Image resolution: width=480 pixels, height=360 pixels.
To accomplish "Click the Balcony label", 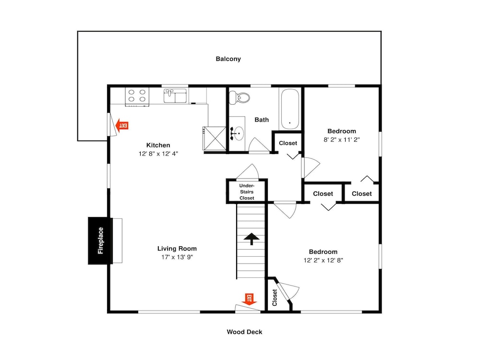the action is [x=228, y=59].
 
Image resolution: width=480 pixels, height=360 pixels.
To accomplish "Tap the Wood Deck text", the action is [x=244, y=332].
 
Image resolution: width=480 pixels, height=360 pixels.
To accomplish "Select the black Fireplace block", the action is [x=100, y=240].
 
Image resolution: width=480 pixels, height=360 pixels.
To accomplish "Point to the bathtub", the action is [x=289, y=109].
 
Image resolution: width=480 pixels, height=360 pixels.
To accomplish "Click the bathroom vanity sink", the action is [x=237, y=133].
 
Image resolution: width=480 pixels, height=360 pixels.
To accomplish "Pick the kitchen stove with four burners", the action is [x=137, y=96].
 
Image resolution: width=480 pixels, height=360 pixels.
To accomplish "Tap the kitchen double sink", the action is [x=175, y=96].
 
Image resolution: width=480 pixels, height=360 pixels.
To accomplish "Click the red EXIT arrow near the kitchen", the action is [x=121, y=125].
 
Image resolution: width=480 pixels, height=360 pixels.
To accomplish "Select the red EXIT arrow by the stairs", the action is [x=249, y=299].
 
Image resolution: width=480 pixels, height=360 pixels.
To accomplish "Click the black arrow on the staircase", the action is [x=252, y=239].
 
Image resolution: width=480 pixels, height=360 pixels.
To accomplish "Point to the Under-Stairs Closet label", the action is [x=247, y=192].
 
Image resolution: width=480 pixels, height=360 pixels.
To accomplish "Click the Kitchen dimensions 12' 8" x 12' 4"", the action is [x=158, y=154].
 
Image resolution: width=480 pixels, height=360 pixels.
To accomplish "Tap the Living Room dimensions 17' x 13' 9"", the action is [x=177, y=257].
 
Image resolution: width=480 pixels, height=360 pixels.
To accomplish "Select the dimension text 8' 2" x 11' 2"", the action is [x=342, y=140].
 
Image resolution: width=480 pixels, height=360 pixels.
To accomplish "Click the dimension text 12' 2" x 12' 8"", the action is [x=323, y=260].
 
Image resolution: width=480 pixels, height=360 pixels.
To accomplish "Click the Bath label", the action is [x=262, y=120].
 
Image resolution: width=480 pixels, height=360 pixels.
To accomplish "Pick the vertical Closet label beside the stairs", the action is [x=275, y=298].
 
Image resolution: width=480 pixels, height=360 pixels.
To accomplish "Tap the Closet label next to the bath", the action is [x=288, y=143].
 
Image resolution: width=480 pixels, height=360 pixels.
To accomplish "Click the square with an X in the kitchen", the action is [x=215, y=138].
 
